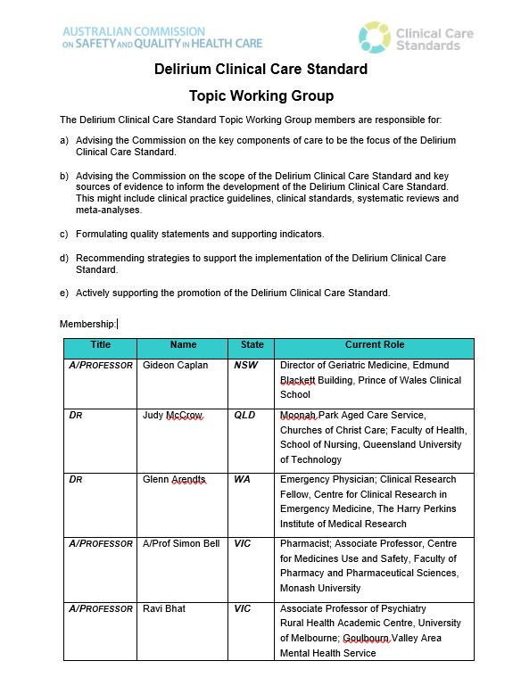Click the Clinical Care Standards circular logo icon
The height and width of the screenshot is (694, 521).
(x=375, y=37)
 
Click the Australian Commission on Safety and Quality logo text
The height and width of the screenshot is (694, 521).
(x=161, y=37)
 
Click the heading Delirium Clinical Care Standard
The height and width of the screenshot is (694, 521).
(x=260, y=70)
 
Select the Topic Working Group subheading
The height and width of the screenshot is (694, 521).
(x=260, y=95)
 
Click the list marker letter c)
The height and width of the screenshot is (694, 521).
(x=64, y=234)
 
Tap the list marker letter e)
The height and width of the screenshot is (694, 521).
(x=64, y=293)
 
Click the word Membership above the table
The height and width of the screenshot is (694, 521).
(x=87, y=324)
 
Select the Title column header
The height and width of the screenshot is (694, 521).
(x=100, y=344)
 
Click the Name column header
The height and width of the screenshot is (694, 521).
(x=183, y=344)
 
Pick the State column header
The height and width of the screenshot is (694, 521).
(x=252, y=344)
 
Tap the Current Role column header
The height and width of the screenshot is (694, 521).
(x=374, y=344)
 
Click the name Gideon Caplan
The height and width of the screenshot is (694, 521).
(x=175, y=366)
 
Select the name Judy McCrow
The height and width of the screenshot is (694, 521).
(x=172, y=416)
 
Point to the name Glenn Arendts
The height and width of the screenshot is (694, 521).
(x=174, y=480)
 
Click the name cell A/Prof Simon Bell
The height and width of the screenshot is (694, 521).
(x=181, y=544)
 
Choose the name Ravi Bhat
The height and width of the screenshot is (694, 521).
(x=164, y=608)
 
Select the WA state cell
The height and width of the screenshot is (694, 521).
(x=242, y=480)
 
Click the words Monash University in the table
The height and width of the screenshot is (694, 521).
(x=321, y=588)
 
